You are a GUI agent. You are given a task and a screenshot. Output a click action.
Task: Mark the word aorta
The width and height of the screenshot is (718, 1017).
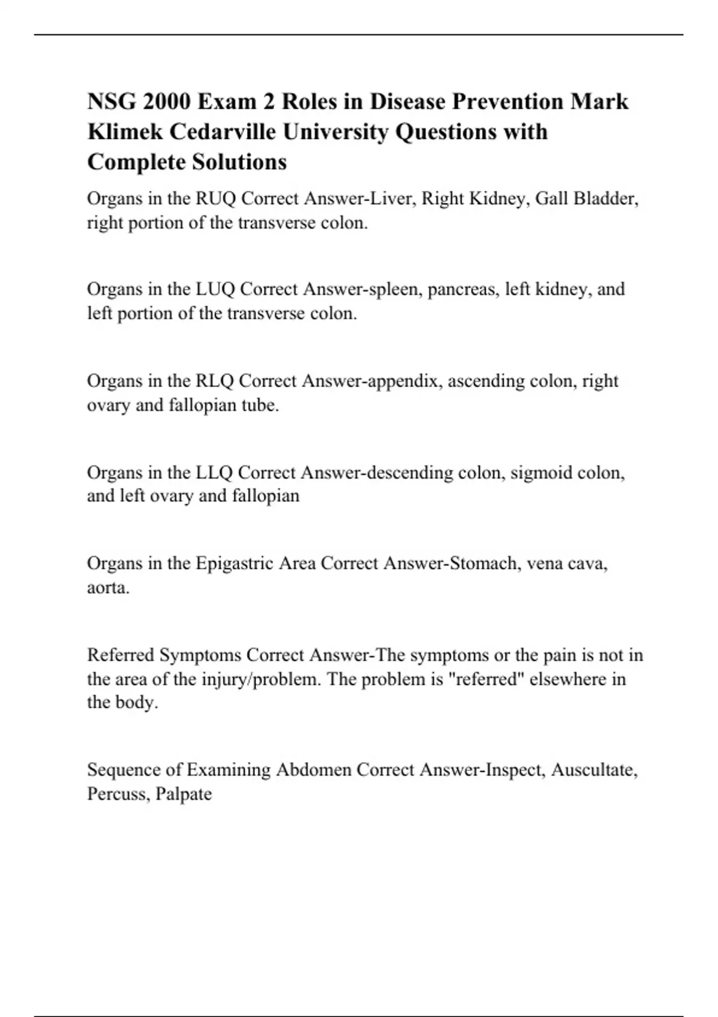coord(108,587)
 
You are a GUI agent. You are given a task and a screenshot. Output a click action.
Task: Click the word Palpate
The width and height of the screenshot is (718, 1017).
coord(183,794)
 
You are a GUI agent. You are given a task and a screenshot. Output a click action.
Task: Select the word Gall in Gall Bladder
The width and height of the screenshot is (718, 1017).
coord(551,199)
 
